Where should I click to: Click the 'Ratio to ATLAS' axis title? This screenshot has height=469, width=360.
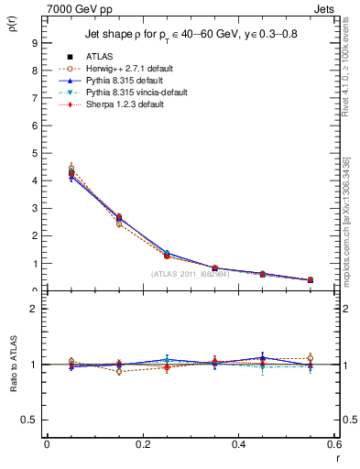click(13, 385)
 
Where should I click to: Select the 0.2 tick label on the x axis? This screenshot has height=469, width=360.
click(142, 444)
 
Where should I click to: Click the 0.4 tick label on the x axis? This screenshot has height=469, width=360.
click(238, 444)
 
